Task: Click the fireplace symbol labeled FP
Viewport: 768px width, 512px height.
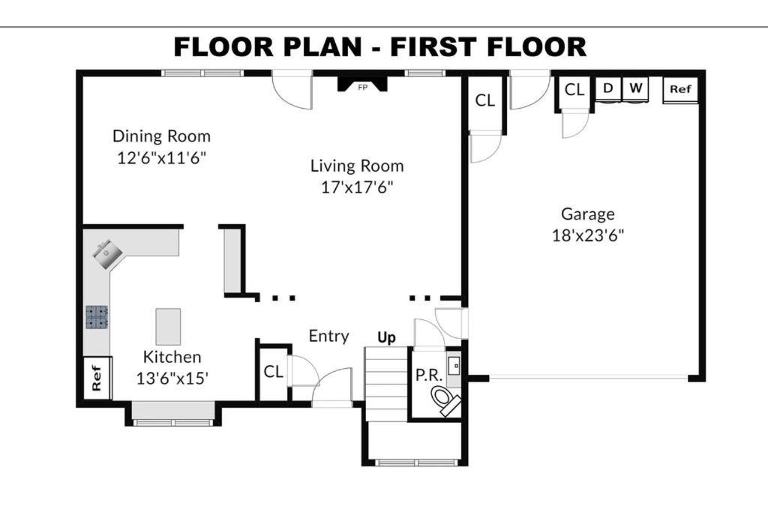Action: pyautogui.click(x=362, y=84)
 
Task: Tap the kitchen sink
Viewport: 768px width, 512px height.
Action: pyautogui.click(x=108, y=253)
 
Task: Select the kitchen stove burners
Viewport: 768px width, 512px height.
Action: pyautogui.click(x=97, y=316)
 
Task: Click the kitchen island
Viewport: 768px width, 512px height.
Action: pyautogui.click(x=168, y=327)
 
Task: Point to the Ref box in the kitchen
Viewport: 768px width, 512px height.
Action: pyautogui.click(x=97, y=378)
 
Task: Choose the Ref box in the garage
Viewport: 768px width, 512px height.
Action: pyautogui.click(x=680, y=89)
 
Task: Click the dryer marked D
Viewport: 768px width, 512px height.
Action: pyautogui.click(x=608, y=89)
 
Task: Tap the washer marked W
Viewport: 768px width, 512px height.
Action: pyautogui.click(x=635, y=89)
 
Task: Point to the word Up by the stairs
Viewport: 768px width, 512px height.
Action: pyautogui.click(x=386, y=337)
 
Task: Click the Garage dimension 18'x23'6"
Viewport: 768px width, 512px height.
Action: pyautogui.click(x=588, y=235)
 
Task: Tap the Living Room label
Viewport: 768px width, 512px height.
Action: pyautogui.click(x=357, y=166)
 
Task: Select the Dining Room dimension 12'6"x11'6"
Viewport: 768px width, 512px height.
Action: pyautogui.click(x=162, y=157)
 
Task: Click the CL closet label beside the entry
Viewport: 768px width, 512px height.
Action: pyautogui.click(x=273, y=372)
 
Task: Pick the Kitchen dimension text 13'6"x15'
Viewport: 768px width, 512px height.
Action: pyautogui.click(x=172, y=379)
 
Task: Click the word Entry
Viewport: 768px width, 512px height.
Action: pyautogui.click(x=328, y=337)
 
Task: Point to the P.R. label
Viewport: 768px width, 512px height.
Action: pyautogui.click(x=429, y=375)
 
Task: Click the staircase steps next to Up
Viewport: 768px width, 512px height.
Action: pyautogui.click(x=386, y=384)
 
